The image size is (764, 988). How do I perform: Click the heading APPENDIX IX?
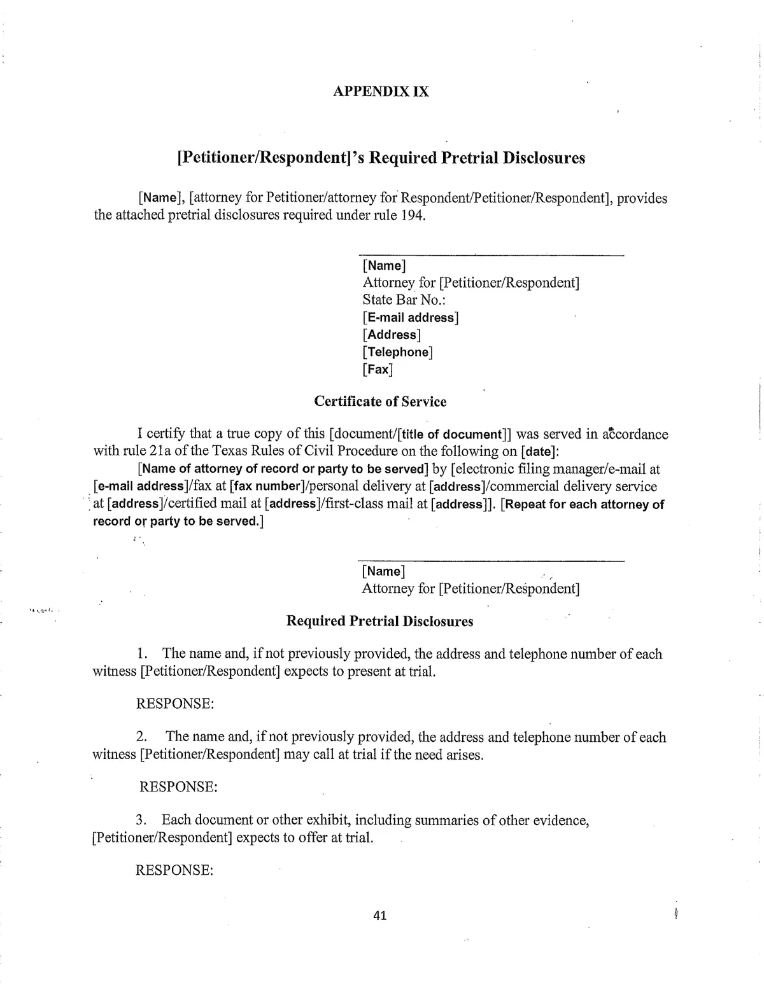click(381, 91)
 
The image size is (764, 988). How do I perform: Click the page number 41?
click(380, 915)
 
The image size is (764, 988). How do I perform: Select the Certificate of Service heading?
click(380, 401)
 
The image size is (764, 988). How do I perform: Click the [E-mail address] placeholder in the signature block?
click(411, 317)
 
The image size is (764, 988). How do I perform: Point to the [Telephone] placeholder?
click(397, 352)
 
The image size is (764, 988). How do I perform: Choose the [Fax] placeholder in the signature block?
click(378, 369)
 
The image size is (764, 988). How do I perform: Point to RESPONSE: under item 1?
click(174, 704)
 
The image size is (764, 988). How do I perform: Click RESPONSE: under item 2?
click(178, 787)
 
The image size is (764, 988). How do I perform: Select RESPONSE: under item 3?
click(174, 870)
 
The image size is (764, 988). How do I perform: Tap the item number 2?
click(141, 737)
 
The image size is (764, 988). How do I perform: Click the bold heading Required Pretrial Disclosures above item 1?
click(379, 621)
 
